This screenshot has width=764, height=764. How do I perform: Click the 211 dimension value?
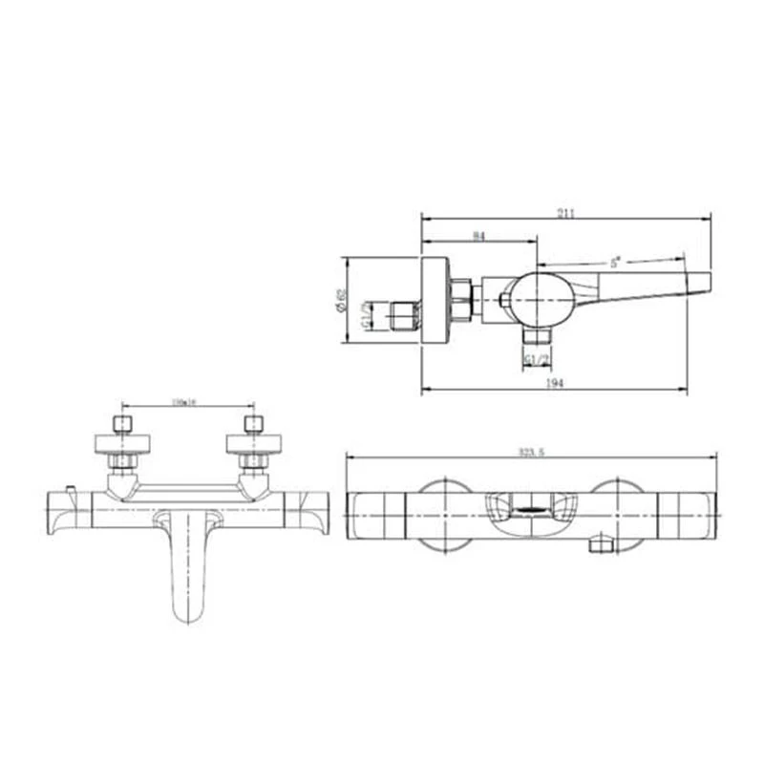click(566, 213)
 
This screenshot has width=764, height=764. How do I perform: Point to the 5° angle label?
click(615, 261)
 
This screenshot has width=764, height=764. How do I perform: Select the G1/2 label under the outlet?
click(537, 359)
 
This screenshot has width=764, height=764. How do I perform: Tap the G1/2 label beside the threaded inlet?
click(366, 314)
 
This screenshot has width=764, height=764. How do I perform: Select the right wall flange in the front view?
click(253, 443)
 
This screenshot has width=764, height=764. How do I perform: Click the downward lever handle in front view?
click(187, 563)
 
